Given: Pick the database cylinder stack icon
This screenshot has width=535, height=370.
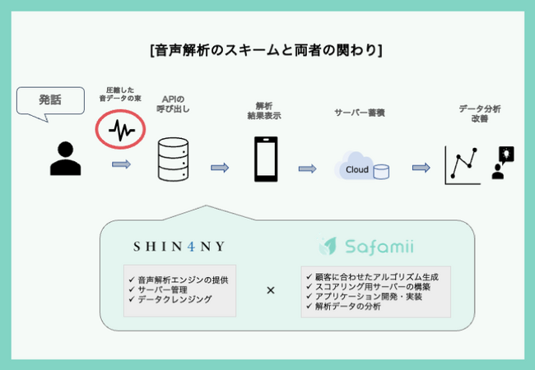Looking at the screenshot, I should (172, 159).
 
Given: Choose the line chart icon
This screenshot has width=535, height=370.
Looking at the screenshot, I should (462, 164).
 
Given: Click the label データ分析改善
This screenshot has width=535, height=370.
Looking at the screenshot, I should (480, 113).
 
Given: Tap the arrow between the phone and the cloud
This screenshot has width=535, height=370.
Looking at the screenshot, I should (307, 169).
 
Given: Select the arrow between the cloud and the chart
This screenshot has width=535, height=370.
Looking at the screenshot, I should (421, 168).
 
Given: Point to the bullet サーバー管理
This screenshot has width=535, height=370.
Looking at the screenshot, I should (165, 289).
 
